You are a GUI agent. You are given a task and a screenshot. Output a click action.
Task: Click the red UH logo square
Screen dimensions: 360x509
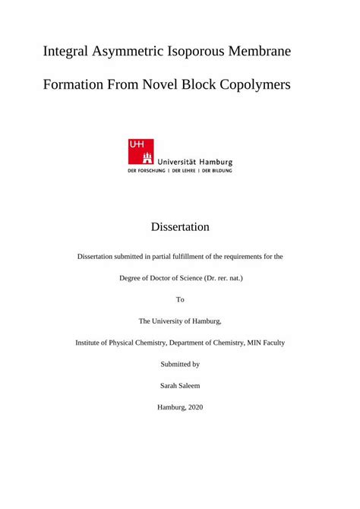pyautogui.click(x=141, y=151)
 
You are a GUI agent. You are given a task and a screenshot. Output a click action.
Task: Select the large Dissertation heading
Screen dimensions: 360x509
pyautogui.click(x=180, y=227)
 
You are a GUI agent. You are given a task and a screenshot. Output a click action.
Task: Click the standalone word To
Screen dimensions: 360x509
pyautogui.click(x=180, y=299)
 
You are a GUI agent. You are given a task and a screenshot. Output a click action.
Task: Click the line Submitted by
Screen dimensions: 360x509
pyautogui.click(x=180, y=365)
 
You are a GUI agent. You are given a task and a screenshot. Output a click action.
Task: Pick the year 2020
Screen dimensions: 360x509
pyautogui.click(x=193, y=407)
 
